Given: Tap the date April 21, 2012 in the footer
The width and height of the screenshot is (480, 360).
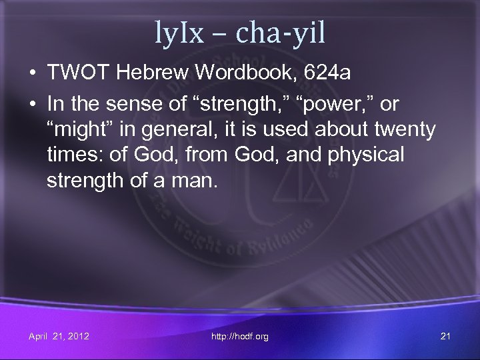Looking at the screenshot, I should click(x=59, y=337).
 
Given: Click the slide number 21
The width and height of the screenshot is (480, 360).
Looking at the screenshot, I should click(x=445, y=337).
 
